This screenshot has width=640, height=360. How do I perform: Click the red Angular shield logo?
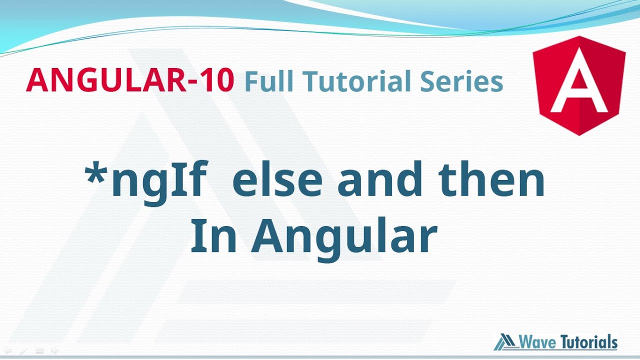point(579,85)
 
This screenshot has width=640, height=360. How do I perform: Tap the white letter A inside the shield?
point(579,89)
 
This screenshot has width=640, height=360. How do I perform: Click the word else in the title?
point(276,181)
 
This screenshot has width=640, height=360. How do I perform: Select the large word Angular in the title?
point(344,239)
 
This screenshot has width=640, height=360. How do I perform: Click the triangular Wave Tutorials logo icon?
point(505,342)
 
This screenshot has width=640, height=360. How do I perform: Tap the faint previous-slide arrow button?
point(7,351)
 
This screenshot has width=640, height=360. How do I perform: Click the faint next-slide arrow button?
point(55,351)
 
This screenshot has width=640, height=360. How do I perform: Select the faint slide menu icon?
point(39,351)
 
